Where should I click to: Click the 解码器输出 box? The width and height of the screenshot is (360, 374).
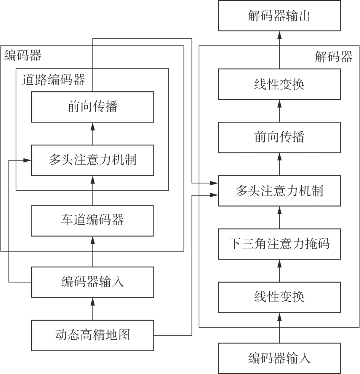point(279,16)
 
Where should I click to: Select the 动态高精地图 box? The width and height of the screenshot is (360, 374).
point(92,335)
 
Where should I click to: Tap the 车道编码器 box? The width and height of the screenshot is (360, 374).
point(92,221)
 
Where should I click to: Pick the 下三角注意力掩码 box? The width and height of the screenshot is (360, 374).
point(279,243)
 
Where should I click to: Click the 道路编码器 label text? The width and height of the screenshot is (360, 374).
point(53,80)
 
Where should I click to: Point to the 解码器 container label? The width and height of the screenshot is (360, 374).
point(333,57)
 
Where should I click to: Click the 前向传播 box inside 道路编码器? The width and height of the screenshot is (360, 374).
point(92,107)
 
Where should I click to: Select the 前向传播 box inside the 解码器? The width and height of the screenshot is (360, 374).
point(279,137)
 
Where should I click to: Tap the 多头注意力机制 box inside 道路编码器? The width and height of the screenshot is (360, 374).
point(92,160)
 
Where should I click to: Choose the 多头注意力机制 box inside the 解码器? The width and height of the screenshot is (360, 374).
point(279,191)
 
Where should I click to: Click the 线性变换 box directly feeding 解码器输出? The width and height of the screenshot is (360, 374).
point(279,84)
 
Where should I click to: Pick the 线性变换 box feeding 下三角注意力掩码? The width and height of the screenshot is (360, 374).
point(279,296)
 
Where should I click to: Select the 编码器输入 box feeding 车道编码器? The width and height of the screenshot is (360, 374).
point(92,282)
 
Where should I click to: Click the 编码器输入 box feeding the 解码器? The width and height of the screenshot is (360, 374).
point(279,358)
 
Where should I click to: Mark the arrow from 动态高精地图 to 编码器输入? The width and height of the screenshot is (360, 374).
point(92,309)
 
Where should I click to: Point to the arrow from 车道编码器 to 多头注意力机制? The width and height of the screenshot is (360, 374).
point(92,191)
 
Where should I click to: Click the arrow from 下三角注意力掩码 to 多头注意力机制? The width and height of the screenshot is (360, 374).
point(279,217)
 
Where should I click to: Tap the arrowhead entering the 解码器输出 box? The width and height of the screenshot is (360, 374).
point(279,35)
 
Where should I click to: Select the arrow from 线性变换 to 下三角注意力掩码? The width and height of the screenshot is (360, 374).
point(279,270)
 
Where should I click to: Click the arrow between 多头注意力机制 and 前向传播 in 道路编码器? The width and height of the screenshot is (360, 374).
point(92,134)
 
